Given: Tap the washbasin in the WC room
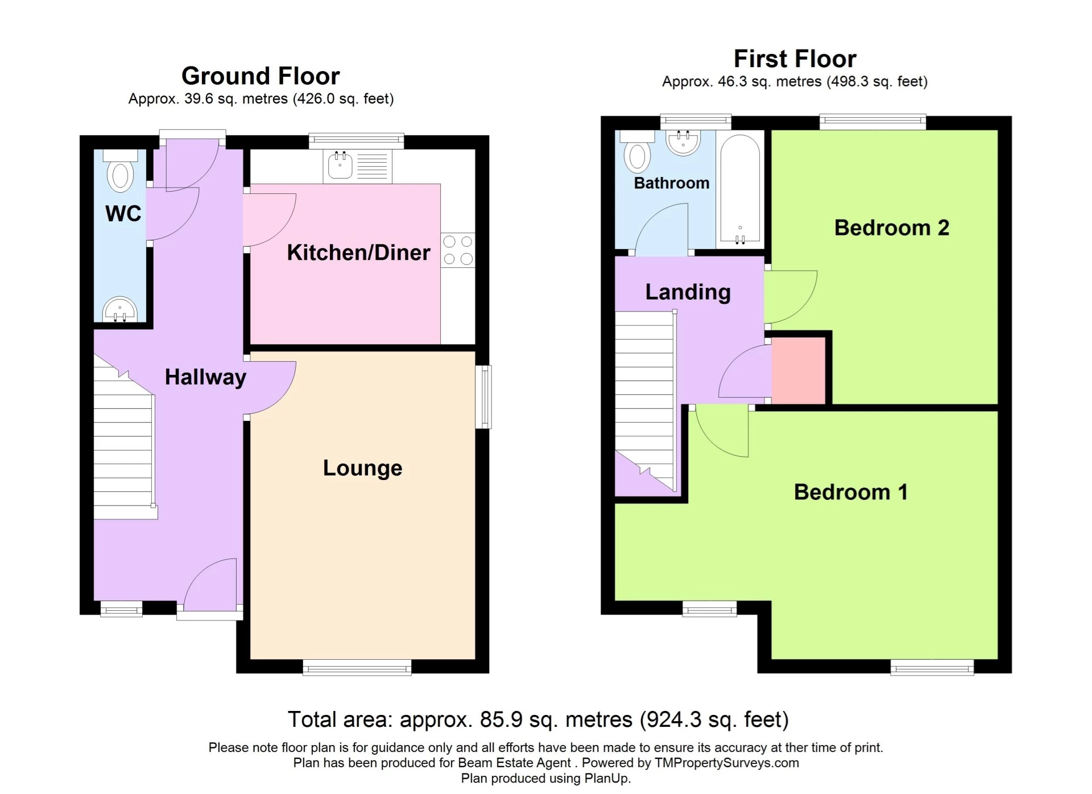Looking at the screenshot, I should [120, 310].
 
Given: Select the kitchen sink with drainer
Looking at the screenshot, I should [357, 166].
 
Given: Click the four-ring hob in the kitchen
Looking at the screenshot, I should [458, 250].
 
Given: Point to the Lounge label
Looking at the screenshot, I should [362, 468].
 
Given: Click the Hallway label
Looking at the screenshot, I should [205, 377].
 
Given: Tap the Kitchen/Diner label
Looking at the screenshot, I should [358, 253].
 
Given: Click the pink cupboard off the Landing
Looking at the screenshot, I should [799, 370].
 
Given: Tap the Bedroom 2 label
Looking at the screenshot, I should [891, 228].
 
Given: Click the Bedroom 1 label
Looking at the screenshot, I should [850, 492].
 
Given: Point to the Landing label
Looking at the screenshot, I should [688, 292].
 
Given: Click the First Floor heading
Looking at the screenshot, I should [795, 59].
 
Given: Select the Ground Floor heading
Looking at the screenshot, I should [260, 76].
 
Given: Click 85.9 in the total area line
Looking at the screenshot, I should [501, 720].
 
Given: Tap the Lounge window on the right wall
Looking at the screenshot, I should [484, 396].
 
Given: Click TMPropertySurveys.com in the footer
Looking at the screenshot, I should [726, 763].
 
